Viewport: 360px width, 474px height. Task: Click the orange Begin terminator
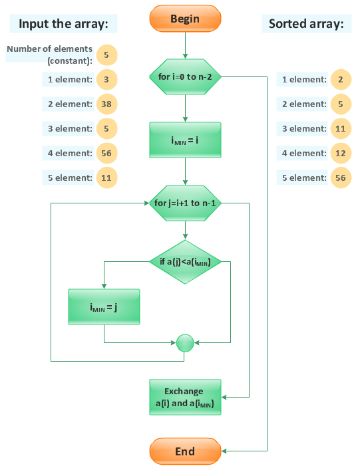(x=185, y=19)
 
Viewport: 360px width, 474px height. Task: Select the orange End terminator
(x=185, y=451)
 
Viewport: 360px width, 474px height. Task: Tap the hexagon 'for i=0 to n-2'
(x=185, y=76)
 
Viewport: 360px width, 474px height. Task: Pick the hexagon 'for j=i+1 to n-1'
(x=185, y=203)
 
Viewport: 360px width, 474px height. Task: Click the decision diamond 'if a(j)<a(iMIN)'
(x=185, y=262)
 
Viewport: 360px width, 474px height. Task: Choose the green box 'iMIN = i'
(x=185, y=141)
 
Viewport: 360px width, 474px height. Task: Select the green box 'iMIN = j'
(x=104, y=306)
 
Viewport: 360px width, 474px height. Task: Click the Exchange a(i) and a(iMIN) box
(x=185, y=398)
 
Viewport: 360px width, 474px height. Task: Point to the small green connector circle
(x=185, y=342)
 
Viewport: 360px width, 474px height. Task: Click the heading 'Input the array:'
(x=63, y=25)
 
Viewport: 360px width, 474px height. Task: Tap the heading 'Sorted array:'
(x=306, y=25)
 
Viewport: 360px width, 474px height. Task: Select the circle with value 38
(x=106, y=104)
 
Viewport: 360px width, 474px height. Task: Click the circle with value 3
(x=106, y=80)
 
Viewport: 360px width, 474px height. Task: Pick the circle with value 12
(x=340, y=154)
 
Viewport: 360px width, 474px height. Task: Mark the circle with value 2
(x=340, y=80)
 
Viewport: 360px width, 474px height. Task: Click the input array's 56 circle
(x=106, y=154)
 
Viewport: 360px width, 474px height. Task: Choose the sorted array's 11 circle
(x=340, y=129)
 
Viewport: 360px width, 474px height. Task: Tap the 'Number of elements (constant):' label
(x=50, y=55)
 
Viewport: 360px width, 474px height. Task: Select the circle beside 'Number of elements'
(x=106, y=55)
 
